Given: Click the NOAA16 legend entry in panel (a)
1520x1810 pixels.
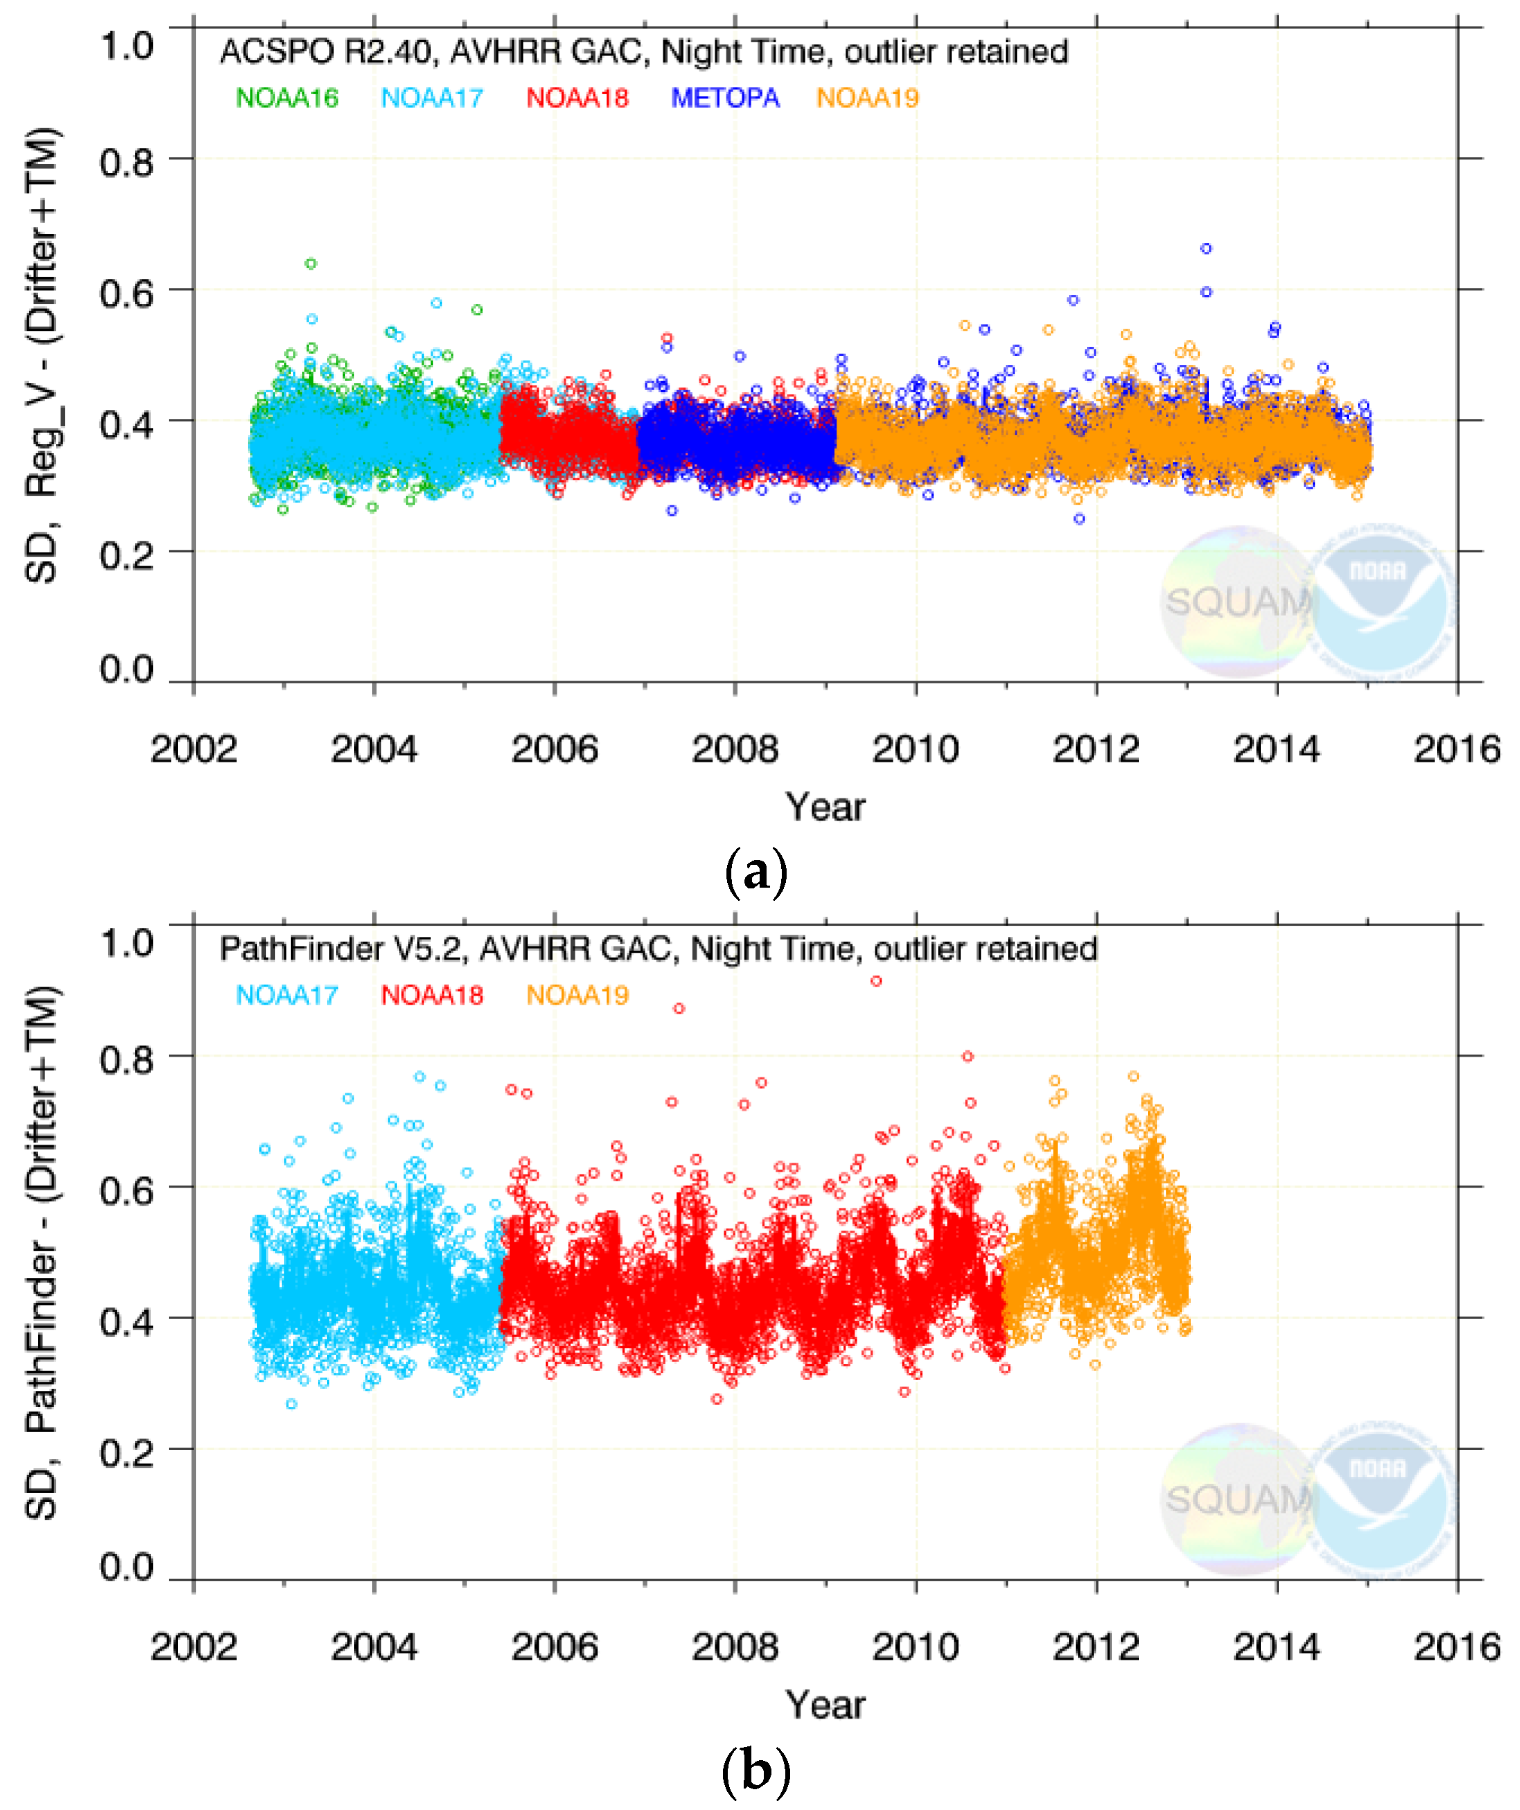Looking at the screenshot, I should point(287,98).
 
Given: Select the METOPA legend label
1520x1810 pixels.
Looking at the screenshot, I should point(725,98).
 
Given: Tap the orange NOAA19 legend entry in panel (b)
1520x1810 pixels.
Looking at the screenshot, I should point(578,996).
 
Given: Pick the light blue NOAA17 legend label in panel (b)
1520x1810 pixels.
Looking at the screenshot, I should point(287,996).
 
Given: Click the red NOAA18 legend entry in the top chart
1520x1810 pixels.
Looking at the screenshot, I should point(578,98).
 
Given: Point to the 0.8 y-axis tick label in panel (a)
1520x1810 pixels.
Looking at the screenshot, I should point(127,162).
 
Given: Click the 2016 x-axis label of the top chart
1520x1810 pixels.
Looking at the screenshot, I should point(1456,749).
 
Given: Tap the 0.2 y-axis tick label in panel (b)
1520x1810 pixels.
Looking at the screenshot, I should point(127,1452).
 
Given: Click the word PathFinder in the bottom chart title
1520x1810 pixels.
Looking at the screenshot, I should point(302,949).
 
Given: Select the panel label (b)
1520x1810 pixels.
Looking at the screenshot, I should point(755,1771).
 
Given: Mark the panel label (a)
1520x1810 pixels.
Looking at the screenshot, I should point(755,873).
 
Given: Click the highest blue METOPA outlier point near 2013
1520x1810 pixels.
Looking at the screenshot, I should point(1206,248).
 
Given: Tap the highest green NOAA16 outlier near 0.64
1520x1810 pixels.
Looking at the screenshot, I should point(311,264).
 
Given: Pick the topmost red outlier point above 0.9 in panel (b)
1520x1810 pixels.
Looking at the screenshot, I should point(876,981).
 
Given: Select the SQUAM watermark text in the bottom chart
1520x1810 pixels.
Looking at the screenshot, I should point(1237,1500).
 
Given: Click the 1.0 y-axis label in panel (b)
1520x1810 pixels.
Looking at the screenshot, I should point(127,943).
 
